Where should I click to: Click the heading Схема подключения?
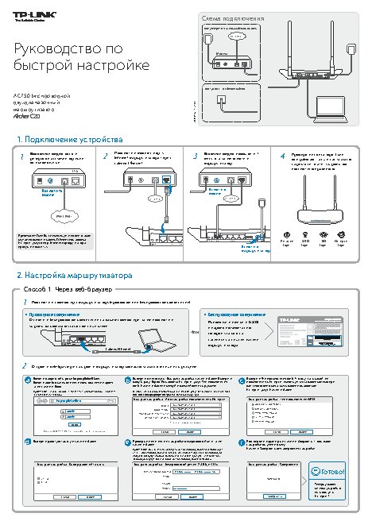[231, 17]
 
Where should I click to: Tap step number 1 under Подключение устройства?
[21, 156]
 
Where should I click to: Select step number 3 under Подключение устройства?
[194, 156]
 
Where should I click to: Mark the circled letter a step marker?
[29, 380]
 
